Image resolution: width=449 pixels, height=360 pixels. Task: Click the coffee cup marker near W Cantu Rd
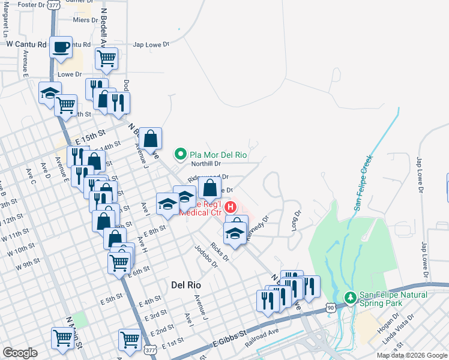click(x=61, y=47)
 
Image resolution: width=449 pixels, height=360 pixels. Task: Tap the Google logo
click(x=20, y=353)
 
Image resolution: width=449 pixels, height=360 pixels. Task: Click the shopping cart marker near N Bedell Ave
click(x=106, y=58)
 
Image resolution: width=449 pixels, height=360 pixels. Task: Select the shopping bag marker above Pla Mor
click(x=152, y=138)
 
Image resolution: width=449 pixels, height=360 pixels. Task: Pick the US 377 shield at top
click(x=53, y=5)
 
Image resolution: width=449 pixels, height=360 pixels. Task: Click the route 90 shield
click(x=331, y=307)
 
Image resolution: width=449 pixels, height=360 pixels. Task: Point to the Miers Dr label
click(x=85, y=20)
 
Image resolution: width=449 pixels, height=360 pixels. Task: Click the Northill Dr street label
click(x=206, y=163)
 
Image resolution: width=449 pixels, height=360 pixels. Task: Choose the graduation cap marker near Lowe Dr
click(x=50, y=92)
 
